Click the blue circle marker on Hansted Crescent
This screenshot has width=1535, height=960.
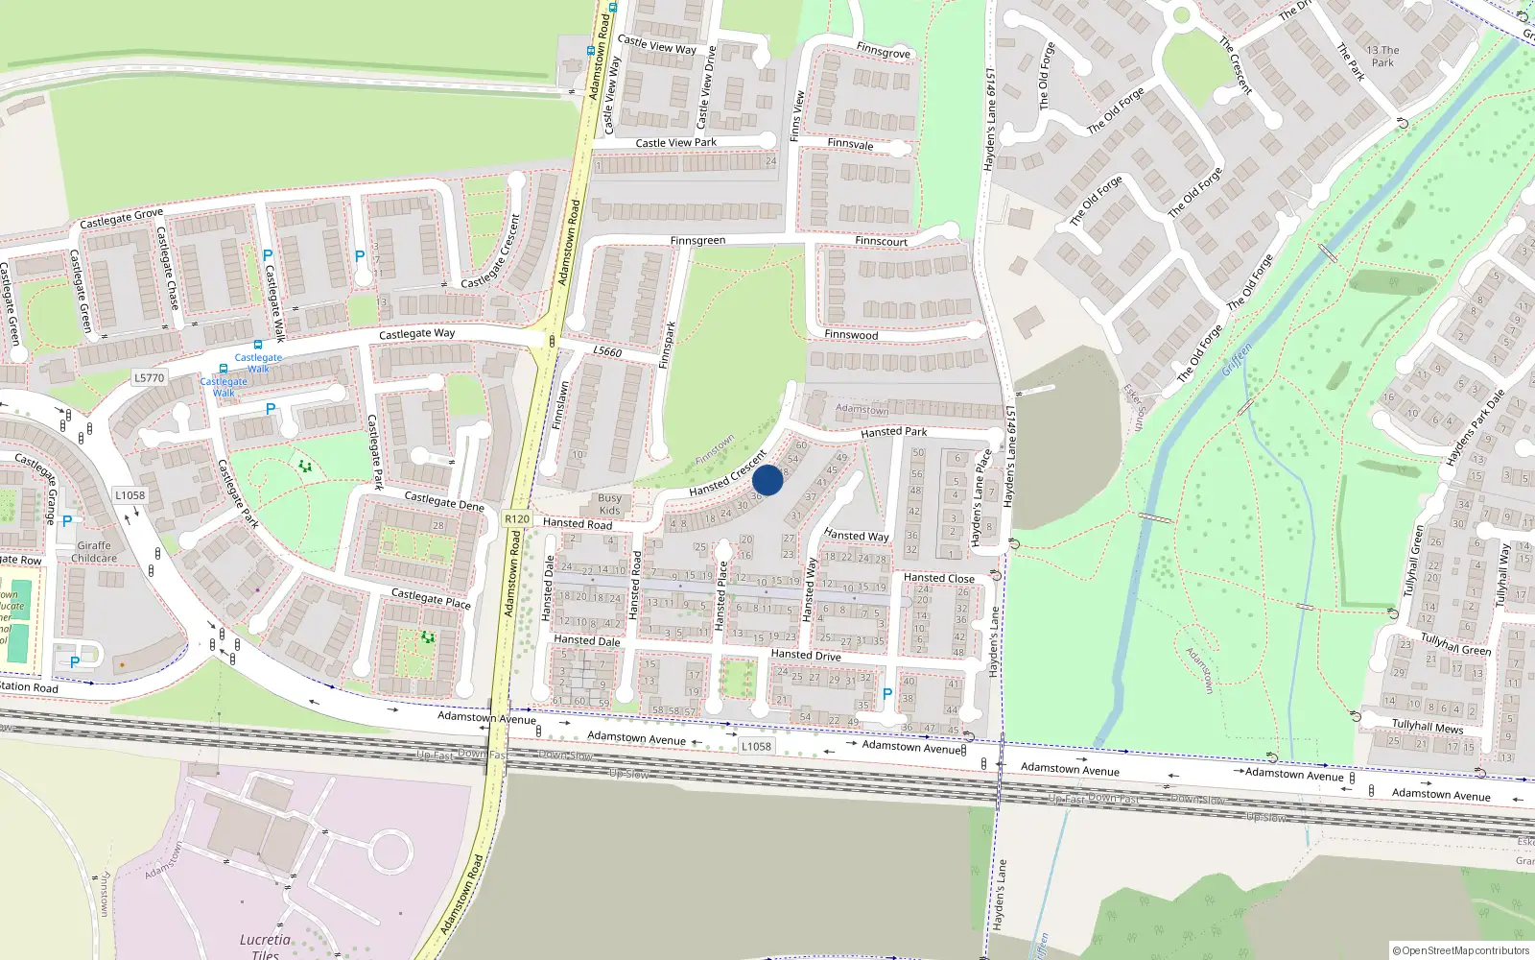(767, 480)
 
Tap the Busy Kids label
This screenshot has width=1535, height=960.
(609, 504)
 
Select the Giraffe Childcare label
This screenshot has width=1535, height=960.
(94, 552)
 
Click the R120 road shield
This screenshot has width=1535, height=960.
(516, 519)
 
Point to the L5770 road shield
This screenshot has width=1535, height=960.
(149, 378)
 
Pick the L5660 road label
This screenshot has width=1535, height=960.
(607, 351)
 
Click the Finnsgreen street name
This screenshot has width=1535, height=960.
(697, 241)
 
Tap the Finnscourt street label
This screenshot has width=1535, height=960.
(881, 241)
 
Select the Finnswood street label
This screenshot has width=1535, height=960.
(851, 335)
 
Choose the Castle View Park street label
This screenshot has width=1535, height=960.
(675, 143)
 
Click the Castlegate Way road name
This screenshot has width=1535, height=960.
(416, 334)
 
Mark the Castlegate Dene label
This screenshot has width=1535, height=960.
(444, 501)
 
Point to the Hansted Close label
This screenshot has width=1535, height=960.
(938, 578)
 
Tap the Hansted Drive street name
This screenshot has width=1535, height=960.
(806, 655)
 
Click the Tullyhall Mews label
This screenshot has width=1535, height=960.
(1428, 727)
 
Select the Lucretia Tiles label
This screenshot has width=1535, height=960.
(265, 947)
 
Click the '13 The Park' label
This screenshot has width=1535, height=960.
(1382, 57)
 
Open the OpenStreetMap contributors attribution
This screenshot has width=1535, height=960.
(1460, 950)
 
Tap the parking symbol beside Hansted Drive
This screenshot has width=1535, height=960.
(886, 694)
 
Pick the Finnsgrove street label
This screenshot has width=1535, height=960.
(884, 51)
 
